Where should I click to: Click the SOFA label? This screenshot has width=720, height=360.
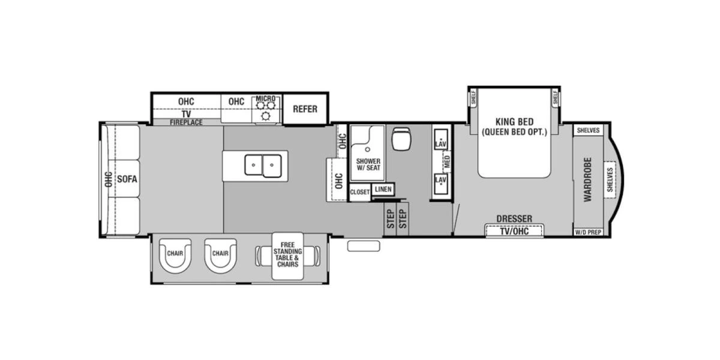pyautogui.click(x=127, y=179)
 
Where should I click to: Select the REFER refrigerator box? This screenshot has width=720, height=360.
pyautogui.click(x=305, y=109)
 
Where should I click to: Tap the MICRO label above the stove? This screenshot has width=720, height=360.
pyautogui.click(x=265, y=98)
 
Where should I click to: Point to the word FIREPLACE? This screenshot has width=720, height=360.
pyautogui.click(x=186, y=122)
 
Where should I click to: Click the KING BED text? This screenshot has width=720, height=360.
pyautogui.click(x=515, y=119)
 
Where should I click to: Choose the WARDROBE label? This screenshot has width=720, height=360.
pyautogui.click(x=587, y=179)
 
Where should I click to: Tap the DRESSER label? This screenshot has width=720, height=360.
pyautogui.click(x=514, y=218)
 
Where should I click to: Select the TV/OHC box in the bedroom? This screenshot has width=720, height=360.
pyautogui.click(x=514, y=231)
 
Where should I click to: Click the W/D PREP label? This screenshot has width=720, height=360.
pyautogui.click(x=588, y=232)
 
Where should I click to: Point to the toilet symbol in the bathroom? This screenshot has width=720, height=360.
pyautogui.click(x=400, y=140)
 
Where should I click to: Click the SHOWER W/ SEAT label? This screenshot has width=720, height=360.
pyautogui.click(x=368, y=165)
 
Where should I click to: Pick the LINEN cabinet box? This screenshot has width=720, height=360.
pyautogui.click(x=382, y=189)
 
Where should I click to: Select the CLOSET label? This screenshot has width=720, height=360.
pyautogui.click(x=360, y=192)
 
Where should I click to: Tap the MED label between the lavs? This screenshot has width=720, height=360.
pyautogui.click(x=447, y=161)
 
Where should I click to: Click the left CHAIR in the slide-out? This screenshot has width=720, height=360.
pyautogui.click(x=175, y=256)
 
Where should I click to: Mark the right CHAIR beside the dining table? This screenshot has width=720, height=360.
pyautogui.click(x=220, y=256)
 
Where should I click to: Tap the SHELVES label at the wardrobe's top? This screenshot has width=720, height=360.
pyautogui.click(x=588, y=131)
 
